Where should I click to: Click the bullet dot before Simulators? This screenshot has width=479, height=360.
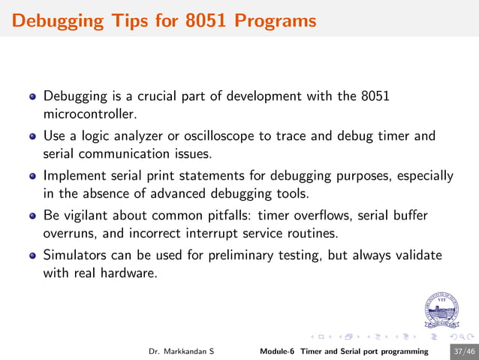tap(32, 256)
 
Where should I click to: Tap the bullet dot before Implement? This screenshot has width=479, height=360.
tap(32, 177)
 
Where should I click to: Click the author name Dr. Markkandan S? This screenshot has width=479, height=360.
tap(181, 351)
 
